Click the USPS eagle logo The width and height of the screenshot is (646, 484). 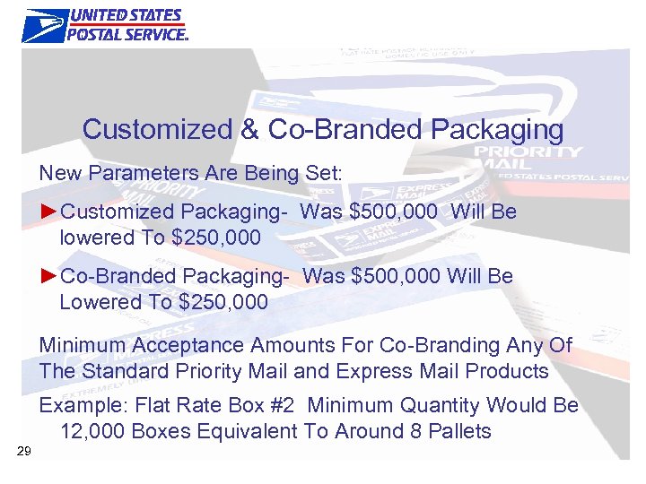45,25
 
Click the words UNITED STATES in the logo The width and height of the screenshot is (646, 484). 126,16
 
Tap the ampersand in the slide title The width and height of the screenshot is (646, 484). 249,129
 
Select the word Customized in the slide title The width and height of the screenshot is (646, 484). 157,129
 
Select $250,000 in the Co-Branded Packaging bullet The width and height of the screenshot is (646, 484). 223,302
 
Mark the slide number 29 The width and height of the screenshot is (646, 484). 24,451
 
